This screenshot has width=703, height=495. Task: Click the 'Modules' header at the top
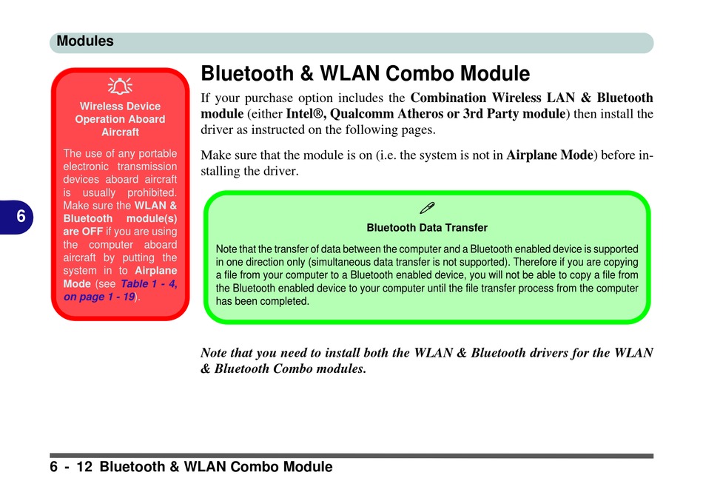point(85,41)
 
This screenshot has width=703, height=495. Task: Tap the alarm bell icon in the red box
point(120,86)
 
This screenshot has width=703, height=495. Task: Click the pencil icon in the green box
point(427,208)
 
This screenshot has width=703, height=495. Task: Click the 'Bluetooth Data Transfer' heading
point(427,228)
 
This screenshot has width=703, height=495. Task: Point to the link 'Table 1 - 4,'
point(149,284)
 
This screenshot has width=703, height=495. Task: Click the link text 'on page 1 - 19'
point(99,297)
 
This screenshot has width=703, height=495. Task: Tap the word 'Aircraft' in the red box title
point(120,132)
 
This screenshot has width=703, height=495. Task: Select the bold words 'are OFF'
point(83,232)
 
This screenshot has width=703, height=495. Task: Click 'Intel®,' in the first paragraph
point(306,113)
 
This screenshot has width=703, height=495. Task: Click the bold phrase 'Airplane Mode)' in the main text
point(552,155)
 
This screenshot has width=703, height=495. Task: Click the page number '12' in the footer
point(84,467)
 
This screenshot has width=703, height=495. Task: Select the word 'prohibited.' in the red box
point(152,193)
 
